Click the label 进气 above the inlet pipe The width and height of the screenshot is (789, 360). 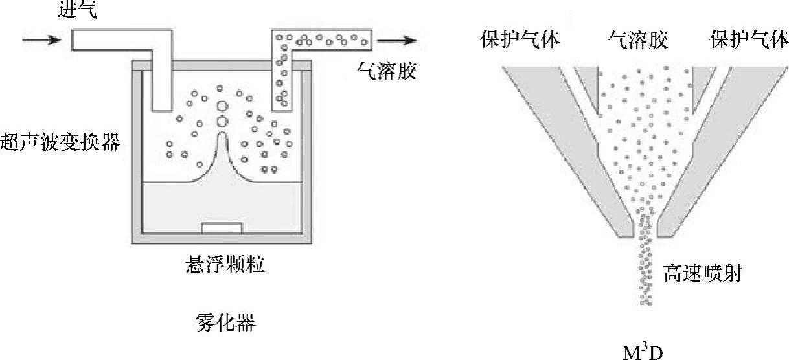(77, 11)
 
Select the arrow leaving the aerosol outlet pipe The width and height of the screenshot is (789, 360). (396, 41)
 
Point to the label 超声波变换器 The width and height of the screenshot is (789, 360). (61, 141)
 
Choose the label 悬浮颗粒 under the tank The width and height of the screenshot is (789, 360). (223, 265)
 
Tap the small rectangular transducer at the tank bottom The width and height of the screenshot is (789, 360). (222, 228)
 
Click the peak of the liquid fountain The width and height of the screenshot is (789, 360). (222, 135)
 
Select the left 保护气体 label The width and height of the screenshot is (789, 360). (520, 40)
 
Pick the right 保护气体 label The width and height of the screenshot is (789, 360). (749, 40)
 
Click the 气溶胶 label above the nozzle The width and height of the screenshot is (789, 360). (637, 40)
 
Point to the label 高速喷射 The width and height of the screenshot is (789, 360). (702, 275)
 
